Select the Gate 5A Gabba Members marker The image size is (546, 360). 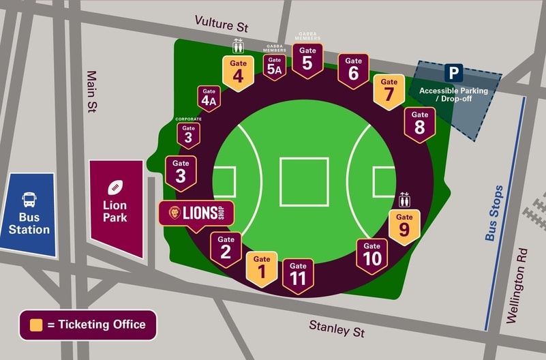(274, 66)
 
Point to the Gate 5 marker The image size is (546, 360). (307, 60)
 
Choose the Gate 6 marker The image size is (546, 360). (353, 70)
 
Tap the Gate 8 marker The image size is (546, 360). (420, 124)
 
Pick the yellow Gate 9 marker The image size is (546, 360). (404, 227)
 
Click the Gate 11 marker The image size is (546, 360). (298, 275)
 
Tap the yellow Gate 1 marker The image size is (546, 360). (262, 269)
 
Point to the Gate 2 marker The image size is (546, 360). (226, 249)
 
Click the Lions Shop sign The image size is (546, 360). (196, 213)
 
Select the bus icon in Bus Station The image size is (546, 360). (29, 200)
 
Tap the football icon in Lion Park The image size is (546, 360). (115, 187)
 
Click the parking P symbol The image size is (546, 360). (453, 72)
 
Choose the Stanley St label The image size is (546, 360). (337, 328)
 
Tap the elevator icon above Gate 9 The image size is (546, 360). (405, 199)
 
